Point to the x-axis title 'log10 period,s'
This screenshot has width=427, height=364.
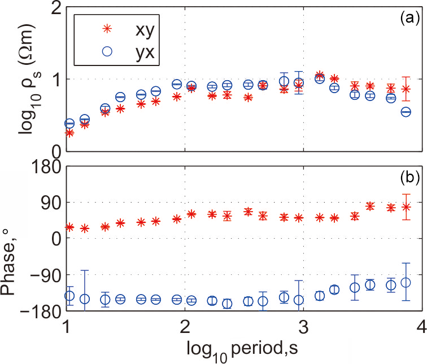click(243, 348)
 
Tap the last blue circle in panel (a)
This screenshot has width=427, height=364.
click(406, 112)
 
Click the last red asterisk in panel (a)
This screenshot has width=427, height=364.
click(406, 89)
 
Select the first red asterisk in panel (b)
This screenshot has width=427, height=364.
click(69, 227)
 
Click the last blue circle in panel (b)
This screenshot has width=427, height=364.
click(406, 282)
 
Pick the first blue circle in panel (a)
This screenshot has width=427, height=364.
click(69, 123)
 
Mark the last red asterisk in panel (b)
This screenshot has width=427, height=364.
click(406, 207)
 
